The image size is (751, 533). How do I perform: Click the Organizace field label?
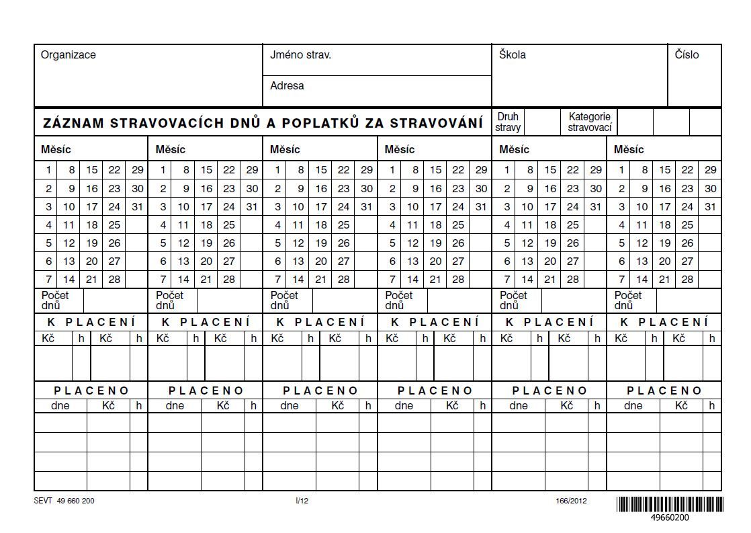[68, 55]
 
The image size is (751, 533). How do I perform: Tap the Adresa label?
[287, 86]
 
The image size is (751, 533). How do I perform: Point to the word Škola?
[512, 55]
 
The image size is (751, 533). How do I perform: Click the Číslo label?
[687, 55]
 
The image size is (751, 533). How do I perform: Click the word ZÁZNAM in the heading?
[73, 124]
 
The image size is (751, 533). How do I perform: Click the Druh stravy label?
[509, 122]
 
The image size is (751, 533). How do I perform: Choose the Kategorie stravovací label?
[589, 122]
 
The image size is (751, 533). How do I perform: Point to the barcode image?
[670, 504]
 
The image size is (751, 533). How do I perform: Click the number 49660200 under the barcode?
[670, 518]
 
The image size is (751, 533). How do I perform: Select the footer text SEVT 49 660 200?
[64, 501]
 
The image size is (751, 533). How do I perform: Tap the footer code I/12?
[302, 501]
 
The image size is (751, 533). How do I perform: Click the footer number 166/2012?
[571, 501]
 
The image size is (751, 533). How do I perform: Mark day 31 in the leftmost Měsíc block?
[137, 207]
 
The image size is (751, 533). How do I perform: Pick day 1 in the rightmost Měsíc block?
[621, 170]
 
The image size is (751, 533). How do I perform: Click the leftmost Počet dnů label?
[54, 300]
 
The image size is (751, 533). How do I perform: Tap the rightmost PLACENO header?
[664, 391]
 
